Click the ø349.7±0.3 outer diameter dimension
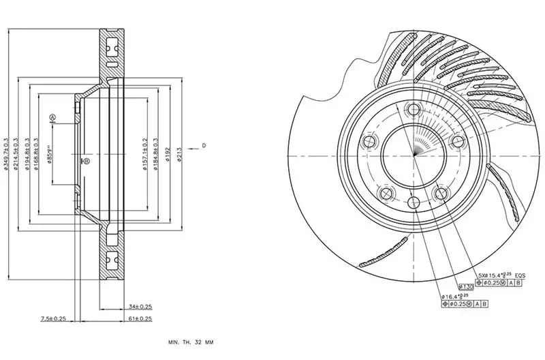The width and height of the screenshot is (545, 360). click(x=6, y=154)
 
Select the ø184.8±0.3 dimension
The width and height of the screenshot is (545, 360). click(x=156, y=155)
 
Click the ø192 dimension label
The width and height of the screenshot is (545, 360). click(x=167, y=155)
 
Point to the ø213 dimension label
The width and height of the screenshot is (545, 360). click(x=178, y=155)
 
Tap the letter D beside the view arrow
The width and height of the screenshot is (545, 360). click(x=204, y=145)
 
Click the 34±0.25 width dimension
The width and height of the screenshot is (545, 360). click(x=140, y=306)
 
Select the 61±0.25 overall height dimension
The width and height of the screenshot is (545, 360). click(x=140, y=318)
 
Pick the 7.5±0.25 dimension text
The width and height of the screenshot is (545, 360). click(x=52, y=318)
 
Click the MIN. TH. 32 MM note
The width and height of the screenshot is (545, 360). click(x=191, y=341)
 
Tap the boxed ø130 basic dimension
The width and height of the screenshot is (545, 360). click(x=466, y=288)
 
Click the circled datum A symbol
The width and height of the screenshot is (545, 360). click(x=52, y=118)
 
